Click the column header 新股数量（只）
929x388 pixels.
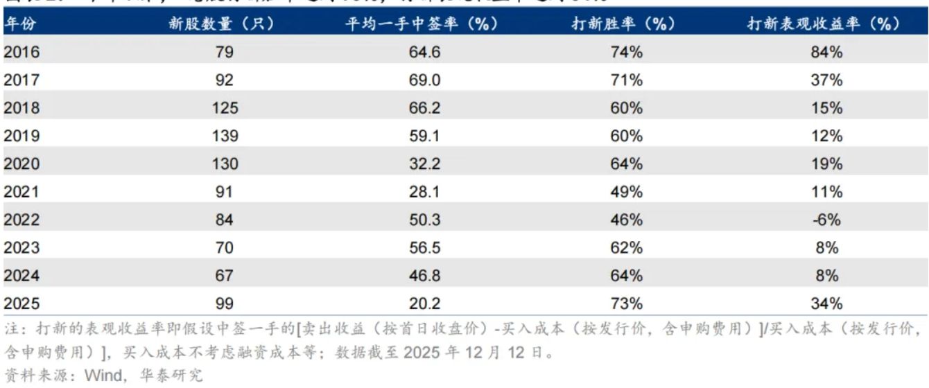point(222,23)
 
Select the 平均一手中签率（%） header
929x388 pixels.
point(422,23)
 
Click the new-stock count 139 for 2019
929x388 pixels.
point(225,136)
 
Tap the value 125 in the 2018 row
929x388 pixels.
point(225,108)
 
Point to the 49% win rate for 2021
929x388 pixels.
point(627,192)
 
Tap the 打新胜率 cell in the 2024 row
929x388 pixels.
point(627,276)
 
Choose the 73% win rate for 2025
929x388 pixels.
point(627,303)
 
